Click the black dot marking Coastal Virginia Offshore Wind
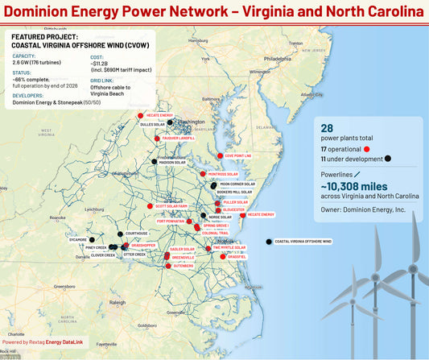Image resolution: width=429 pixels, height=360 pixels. click(x=268, y=242)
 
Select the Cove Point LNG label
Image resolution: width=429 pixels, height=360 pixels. click(x=238, y=155)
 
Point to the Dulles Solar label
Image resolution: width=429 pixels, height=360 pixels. click(x=152, y=125)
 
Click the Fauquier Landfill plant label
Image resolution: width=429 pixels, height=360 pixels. click(x=178, y=138)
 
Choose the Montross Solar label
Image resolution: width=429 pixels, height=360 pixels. click(x=223, y=174)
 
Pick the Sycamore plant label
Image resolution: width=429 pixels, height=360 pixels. click(x=78, y=239)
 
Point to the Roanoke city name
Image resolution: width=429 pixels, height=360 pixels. click(x=56, y=217)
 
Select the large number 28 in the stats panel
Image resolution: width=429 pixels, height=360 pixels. click(x=327, y=129)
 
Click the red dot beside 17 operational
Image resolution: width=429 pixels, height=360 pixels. click(x=366, y=149)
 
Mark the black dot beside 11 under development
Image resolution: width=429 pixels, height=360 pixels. click(x=389, y=159)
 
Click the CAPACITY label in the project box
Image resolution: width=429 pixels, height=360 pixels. click(x=24, y=56)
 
